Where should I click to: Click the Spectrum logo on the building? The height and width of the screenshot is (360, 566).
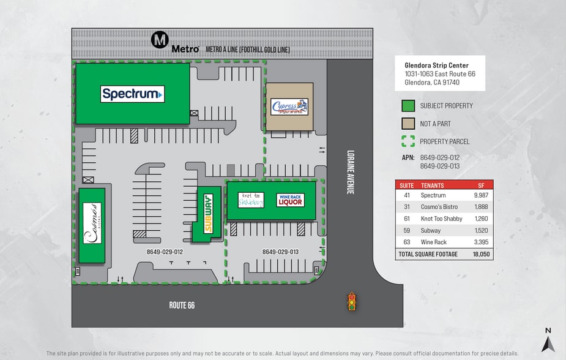[132, 94]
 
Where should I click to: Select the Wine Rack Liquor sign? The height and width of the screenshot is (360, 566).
[290, 200]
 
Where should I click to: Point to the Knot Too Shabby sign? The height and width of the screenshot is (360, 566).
[251, 200]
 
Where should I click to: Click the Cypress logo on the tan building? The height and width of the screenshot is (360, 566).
[289, 107]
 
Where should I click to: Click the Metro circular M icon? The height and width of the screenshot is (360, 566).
[160, 41]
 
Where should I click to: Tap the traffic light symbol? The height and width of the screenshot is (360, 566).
[351, 301]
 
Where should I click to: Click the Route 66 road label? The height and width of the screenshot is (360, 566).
[182, 305]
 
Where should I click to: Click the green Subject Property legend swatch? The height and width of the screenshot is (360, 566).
[408, 106]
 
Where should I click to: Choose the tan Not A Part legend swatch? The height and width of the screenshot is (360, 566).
[408, 124]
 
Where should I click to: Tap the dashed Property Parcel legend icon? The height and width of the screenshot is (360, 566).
[408, 141]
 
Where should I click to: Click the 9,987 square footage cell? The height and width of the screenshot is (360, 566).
[480, 195]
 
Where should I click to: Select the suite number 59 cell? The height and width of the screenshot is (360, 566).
[406, 231]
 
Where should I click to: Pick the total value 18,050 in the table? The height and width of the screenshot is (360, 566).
[480, 254]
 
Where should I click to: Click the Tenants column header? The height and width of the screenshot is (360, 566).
[433, 185]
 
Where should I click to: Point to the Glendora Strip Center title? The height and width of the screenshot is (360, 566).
[437, 66]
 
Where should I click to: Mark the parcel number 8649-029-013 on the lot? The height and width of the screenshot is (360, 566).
[280, 252]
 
